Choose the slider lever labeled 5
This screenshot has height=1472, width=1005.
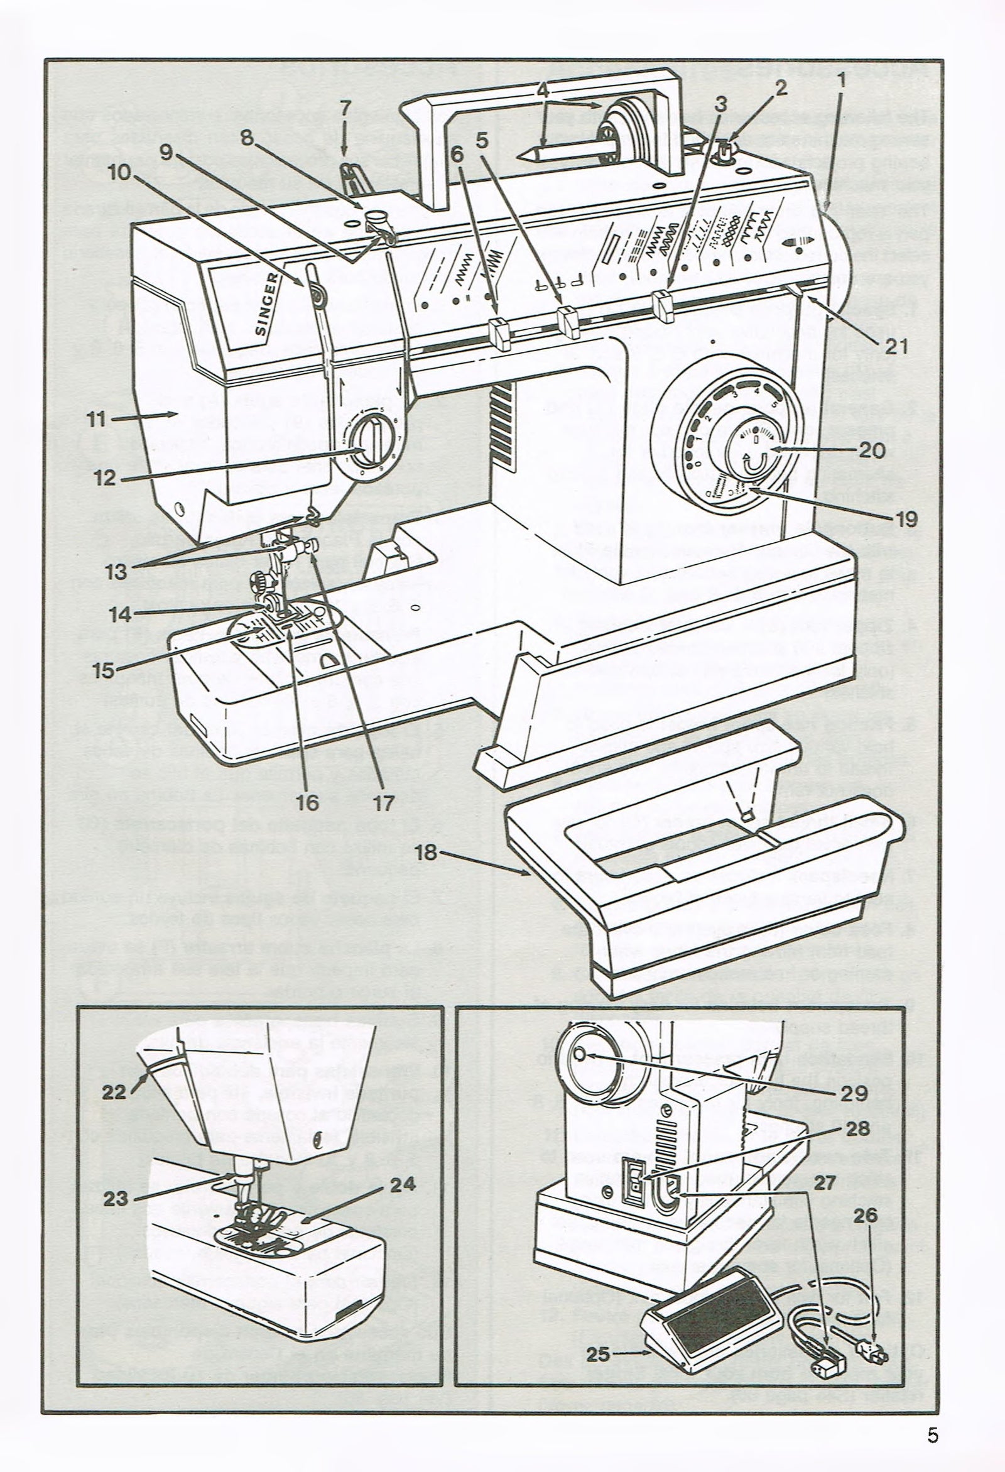click(568, 322)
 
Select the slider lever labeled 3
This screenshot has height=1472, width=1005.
click(661, 303)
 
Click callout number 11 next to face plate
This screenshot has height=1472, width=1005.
click(101, 418)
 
